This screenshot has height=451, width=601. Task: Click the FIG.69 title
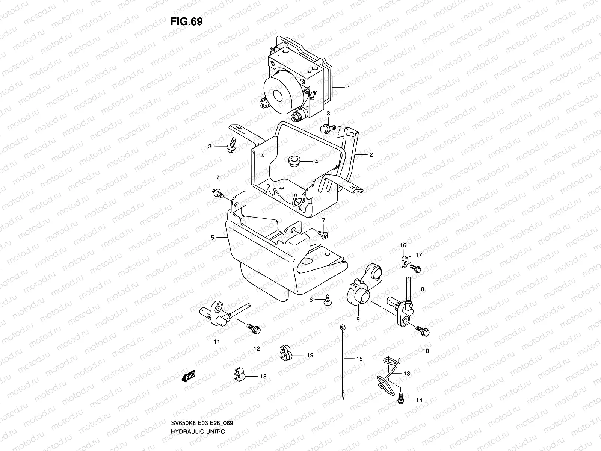coord(186,22)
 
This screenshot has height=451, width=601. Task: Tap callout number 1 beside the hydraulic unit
coord(349,88)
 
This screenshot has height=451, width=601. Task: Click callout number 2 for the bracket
coord(371,154)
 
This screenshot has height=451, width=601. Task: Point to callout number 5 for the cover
coord(212,238)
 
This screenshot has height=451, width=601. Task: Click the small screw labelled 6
coord(328,301)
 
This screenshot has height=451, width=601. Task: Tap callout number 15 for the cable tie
coord(359,359)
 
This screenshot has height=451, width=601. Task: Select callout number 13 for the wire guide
coord(407,374)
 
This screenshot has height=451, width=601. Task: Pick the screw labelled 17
coord(416,268)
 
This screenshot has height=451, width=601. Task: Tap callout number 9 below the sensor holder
coord(358,319)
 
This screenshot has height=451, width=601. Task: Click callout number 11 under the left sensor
coord(217,341)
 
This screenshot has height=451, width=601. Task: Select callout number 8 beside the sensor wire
coord(423,289)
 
